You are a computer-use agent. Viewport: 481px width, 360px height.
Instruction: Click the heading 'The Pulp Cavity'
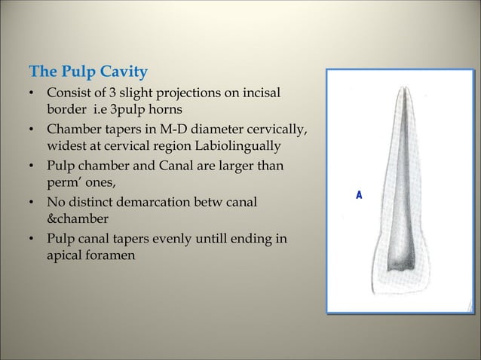tap(87, 73)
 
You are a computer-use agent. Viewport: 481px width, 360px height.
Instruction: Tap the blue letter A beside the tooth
tap(360, 195)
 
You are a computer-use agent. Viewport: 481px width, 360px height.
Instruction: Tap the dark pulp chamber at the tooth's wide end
tap(398, 264)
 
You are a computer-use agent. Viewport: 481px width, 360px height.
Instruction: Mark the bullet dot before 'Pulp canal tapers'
tap(32, 239)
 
